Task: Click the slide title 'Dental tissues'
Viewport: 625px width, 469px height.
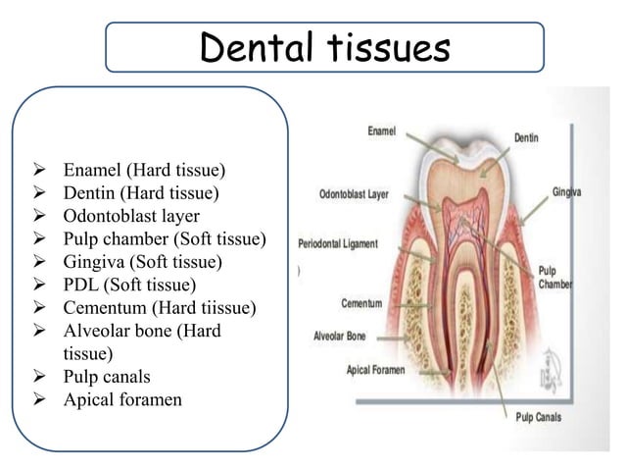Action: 324,46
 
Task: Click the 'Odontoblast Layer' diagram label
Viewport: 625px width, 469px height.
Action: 354,194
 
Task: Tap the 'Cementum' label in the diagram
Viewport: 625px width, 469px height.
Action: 361,303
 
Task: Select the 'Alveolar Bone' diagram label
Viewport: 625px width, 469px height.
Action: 339,336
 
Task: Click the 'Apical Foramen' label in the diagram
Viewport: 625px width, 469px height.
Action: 377,370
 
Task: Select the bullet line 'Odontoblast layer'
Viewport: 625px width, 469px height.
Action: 131,216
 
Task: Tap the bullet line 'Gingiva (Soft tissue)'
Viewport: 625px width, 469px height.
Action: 143,263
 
